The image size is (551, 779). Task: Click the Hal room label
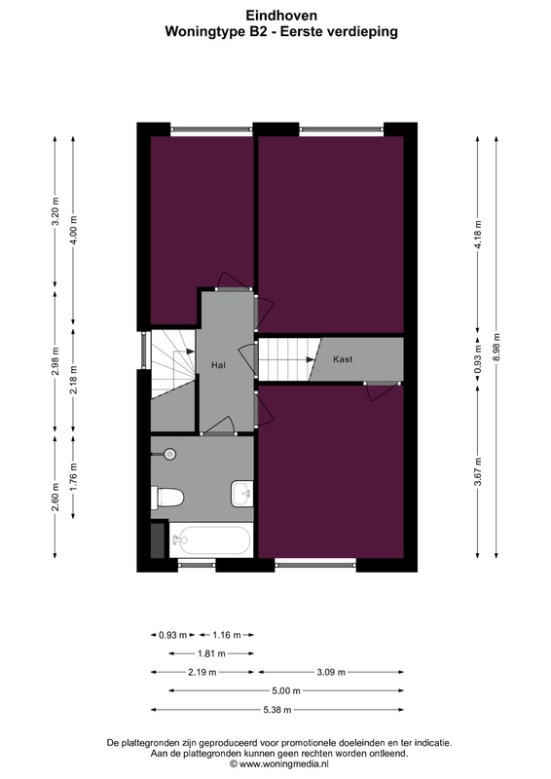[x=218, y=365]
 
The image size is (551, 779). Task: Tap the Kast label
[x=343, y=358]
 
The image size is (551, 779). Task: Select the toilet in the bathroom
[x=167, y=498]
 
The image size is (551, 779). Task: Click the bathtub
[x=211, y=540]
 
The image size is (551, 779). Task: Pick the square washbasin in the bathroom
[x=242, y=495]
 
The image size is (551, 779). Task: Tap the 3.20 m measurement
[x=55, y=211]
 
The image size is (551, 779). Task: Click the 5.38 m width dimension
[x=277, y=710]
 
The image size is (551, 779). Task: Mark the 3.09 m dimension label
[x=331, y=672]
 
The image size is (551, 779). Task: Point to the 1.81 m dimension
[x=211, y=653]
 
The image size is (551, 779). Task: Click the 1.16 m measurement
[x=227, y=635]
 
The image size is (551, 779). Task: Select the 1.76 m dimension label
[x=74, y=477]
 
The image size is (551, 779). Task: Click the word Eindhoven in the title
[x=281, y=16]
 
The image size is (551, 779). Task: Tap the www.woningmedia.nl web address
[x=283, y=763]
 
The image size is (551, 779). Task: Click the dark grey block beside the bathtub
[x=158, y=539]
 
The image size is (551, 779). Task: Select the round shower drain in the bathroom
[x=170, y=454]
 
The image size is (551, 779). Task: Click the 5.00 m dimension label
[x=286, y=690]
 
